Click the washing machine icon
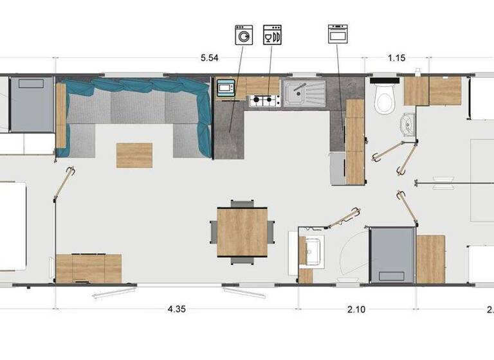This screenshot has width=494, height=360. click(244, 35)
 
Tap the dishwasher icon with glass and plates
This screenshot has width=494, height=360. click(272, 35)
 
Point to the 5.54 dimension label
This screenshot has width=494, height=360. click(208, 59)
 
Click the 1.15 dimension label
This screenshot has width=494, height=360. click(397, 59)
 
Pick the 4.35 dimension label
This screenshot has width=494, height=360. click(177, 309)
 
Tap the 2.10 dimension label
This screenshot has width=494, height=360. click(356, 309)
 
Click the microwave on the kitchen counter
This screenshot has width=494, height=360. click(226, 88)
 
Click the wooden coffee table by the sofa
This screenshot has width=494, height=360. click(134, 155)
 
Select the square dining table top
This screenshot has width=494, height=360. click(242, 231)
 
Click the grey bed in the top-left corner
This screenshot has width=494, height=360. click(32, 103)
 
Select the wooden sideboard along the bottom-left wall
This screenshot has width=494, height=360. click(89, 269)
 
